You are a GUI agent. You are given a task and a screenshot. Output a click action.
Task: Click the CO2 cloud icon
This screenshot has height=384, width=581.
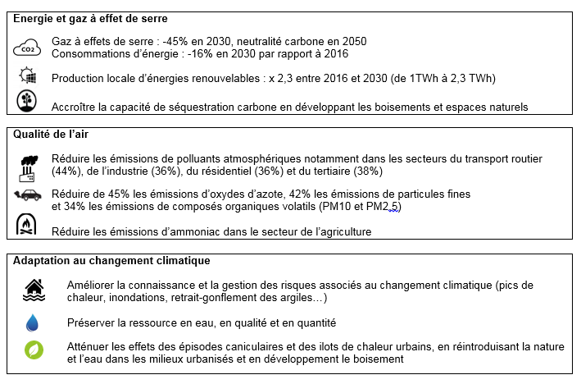[x=27, y=48]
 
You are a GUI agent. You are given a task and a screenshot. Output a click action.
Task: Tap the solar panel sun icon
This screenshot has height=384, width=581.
[x=27, y=77]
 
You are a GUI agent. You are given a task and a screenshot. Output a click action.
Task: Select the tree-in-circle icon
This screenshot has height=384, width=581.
[x=27, y=103]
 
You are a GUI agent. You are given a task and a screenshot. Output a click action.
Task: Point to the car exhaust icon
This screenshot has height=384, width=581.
[x=28, y=195]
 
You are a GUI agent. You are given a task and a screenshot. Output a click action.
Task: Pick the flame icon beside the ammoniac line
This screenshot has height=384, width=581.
[x=27, y=226]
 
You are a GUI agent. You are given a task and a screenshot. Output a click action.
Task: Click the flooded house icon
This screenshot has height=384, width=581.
[x=34, y=290]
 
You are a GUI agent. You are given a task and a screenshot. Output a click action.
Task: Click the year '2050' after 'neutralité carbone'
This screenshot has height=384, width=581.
[x=352, y=41]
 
